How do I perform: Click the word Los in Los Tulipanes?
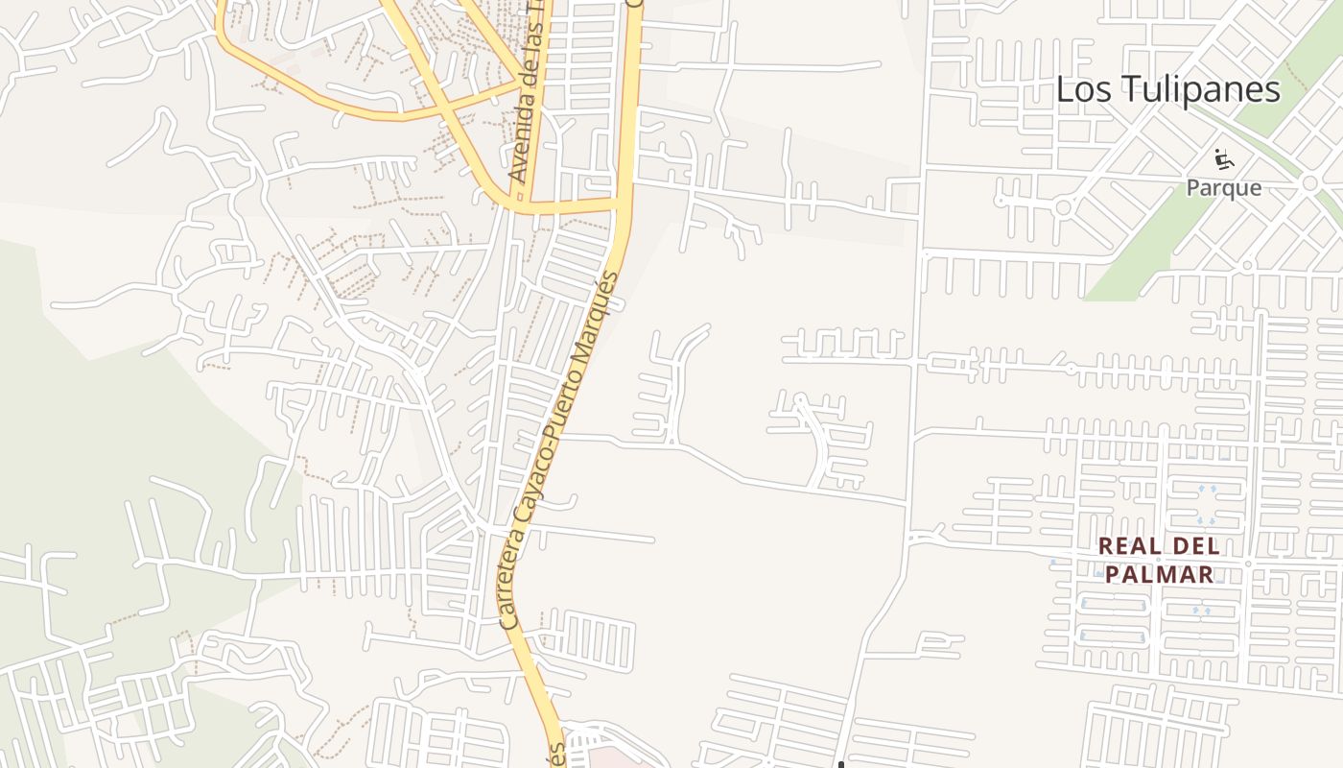point(1080,89)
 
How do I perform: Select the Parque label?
point(1223,187)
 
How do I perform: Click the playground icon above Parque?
point(1223,157)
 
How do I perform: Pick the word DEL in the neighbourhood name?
point(1197,546)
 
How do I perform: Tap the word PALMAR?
point(1159,575)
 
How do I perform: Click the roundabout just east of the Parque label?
point(1309,183)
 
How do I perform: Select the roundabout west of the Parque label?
point(1063,206)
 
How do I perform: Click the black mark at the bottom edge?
point(840,763)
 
